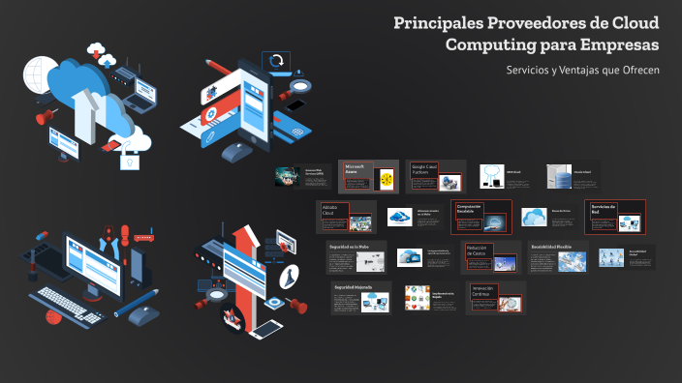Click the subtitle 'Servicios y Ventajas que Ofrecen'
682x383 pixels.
point(582,71)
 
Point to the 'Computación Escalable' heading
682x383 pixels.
point(469,210)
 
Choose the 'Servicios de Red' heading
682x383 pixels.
point(604,210)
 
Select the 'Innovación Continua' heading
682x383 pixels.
point(482,291)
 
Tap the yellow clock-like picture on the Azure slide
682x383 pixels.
point(387,178)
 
